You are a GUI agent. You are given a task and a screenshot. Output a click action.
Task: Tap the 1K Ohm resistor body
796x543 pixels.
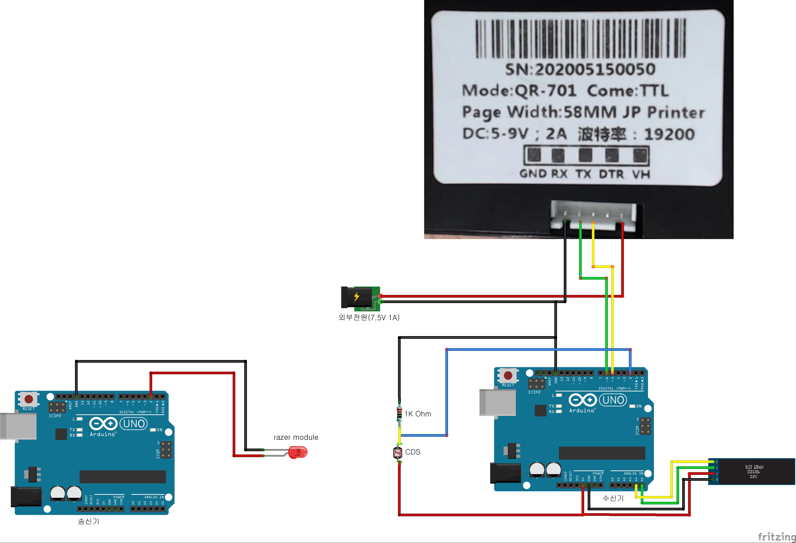tap(399, 414)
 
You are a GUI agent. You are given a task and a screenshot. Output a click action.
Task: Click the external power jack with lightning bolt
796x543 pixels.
tap(360, 297)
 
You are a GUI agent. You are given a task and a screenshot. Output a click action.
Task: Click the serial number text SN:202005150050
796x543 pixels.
tap(580, 69)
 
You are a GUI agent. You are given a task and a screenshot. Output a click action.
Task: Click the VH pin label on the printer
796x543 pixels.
tap(641, 174)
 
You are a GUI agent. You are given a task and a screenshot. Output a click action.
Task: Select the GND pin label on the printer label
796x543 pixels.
tap(533, 174)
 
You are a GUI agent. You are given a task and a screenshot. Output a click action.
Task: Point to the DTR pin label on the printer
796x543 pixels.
tap(611, 174)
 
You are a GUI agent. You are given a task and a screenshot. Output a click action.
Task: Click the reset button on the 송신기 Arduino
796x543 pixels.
tap(29, 399)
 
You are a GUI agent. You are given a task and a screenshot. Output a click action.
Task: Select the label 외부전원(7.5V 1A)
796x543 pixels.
tap(369, 317)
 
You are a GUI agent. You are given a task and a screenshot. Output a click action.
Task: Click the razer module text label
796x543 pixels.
tap(296, 437)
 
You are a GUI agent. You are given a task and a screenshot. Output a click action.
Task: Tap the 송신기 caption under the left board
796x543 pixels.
tap(88, 521)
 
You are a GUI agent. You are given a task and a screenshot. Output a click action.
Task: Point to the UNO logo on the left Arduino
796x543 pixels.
tap(134, 424)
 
